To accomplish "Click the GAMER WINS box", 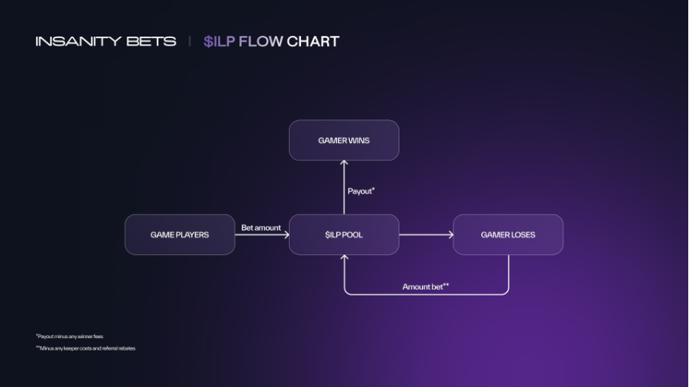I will click(344, 140).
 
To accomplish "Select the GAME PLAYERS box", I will click(180, 235).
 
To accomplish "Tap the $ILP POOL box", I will click(344, 235).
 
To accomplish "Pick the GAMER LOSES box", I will click(508, 235).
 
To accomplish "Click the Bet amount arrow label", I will click(261, 228).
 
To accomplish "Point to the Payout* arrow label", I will click(361, 191).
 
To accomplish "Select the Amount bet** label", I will click(425, 286).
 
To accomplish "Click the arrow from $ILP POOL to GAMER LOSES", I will click(425, 235).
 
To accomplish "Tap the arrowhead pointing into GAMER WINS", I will click(344, 164).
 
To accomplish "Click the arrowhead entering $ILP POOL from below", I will click(344, 258).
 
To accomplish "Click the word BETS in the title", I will click(155, 41).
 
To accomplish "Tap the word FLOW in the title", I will click(261, 41).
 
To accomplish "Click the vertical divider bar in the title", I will click(190, 41).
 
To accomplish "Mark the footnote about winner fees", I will click(69, 336).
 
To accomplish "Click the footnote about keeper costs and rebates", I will click(85, 348).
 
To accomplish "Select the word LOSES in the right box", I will click(522, 235).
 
